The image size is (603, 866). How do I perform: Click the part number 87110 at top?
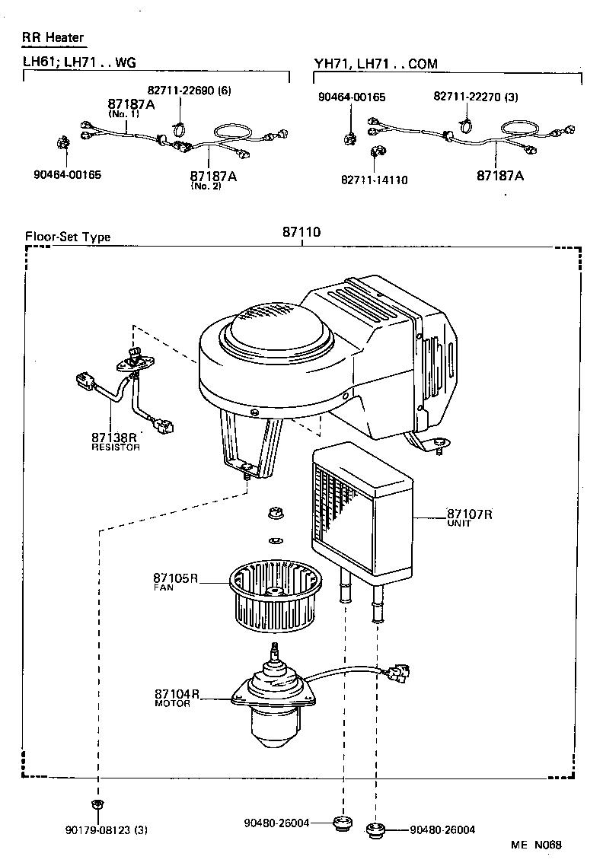tap(301, 234)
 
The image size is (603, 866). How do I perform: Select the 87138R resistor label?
tap(113, 438)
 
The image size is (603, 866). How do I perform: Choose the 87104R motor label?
tap(177, 695)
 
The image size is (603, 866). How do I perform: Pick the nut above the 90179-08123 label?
tap(97, 805)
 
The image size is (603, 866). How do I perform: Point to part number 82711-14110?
tap(375, 180)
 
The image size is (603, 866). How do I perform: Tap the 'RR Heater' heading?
tap(53, 37)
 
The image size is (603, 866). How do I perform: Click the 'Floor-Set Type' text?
tap(68, 237)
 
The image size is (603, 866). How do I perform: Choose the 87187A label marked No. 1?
tap(130, 104)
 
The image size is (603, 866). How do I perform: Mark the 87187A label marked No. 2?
tap(213, 176)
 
